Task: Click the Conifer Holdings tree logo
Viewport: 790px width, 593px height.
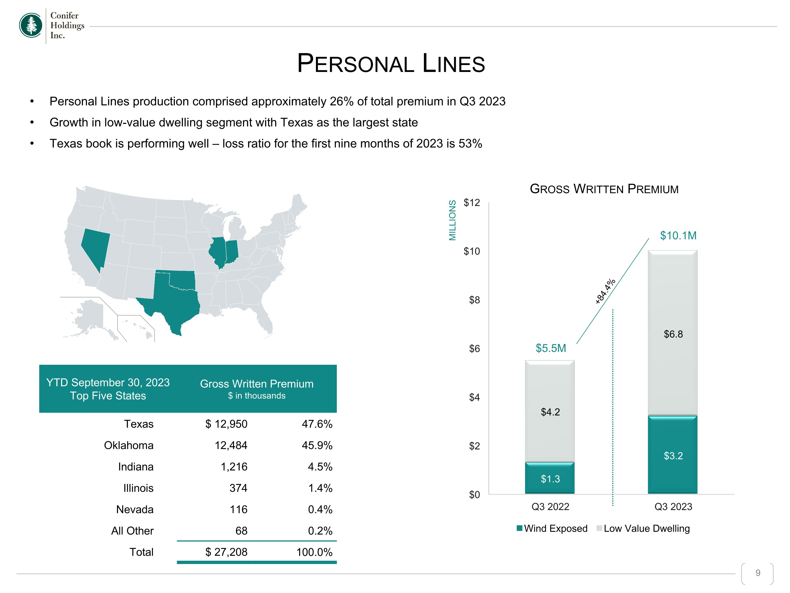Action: pos(31,25)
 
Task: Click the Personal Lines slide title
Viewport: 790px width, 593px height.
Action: pos(391,63)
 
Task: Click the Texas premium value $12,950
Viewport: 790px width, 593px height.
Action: pos(226,424)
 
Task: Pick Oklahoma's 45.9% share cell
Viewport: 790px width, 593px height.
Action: pos(317,445)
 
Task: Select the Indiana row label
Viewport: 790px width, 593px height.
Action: pos(136,467)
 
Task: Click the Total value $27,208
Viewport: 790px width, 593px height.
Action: pos(226,552)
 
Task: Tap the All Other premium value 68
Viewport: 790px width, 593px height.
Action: pos(241,531)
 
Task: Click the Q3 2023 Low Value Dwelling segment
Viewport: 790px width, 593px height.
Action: pos(673,333)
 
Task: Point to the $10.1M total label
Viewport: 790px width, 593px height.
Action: pos(678,236)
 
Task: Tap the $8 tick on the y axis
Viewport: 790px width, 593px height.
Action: pos(474,300)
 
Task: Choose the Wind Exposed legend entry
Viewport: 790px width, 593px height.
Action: pos(552,529)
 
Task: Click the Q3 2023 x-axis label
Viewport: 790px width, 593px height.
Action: pos(673,507)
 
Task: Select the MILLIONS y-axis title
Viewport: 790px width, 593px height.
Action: pos(452,220)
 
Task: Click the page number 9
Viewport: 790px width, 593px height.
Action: pos(758,573)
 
